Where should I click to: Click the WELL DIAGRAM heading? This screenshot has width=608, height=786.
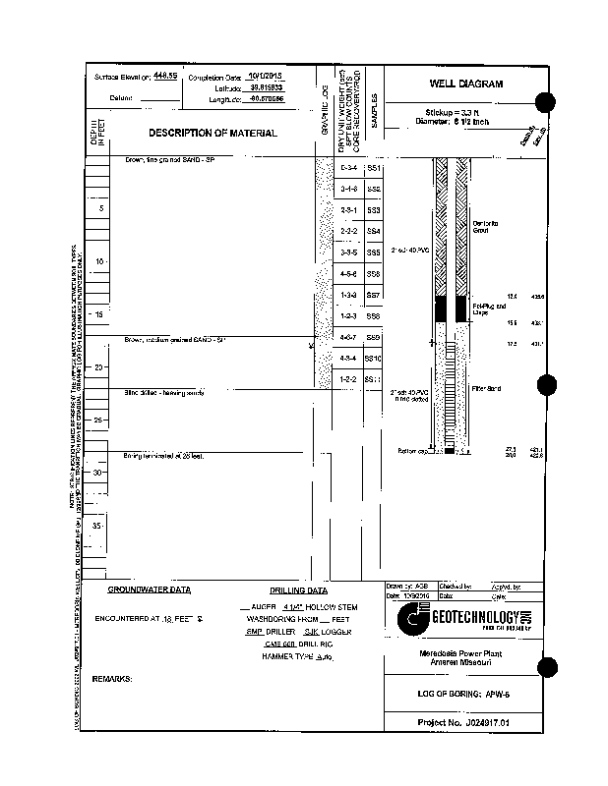465,84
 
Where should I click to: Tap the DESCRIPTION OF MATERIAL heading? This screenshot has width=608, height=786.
213,133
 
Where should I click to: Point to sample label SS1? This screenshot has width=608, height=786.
373,169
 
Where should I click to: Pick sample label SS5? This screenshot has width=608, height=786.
373,253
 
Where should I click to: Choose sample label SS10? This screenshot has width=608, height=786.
373,359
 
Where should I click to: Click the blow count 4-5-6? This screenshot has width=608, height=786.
348,273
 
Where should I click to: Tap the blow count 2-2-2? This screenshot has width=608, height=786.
348,232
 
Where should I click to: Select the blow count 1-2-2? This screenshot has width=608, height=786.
348,379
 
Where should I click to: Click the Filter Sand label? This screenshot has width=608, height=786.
487,389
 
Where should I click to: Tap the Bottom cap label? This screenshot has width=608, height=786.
409,452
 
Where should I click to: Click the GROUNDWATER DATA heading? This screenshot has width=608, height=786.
150,590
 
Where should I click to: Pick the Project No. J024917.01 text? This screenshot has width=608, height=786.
465,723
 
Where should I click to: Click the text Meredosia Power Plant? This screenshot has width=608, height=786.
465,654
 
